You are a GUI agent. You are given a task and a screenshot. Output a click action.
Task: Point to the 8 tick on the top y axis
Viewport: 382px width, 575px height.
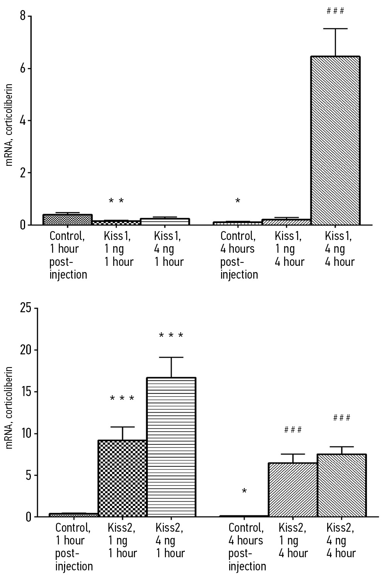[x=23, y=16]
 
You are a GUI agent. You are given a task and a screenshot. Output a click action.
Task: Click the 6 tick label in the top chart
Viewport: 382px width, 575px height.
[x=23, y=68]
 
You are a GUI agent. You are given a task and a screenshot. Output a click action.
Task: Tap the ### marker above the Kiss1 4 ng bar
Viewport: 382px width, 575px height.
[x=335, y=11]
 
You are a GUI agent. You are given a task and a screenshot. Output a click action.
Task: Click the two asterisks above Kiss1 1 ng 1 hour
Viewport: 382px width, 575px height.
[x=116, y=201]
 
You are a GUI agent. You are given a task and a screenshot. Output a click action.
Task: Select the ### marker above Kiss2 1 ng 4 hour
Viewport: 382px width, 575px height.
[x=293, y=430]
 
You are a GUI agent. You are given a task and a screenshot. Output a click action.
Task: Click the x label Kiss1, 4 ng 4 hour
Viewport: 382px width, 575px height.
[x=340, y=249]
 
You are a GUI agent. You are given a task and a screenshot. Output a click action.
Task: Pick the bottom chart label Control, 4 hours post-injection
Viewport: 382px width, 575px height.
[x=247, y=546]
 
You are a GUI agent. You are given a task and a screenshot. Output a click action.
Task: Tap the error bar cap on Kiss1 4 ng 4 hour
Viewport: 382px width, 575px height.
[x=335, y=29]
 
